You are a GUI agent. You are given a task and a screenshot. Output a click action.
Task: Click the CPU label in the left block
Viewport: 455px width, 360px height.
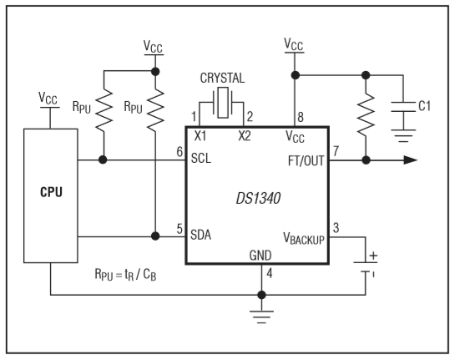pyautogui.click(x=51, y=192)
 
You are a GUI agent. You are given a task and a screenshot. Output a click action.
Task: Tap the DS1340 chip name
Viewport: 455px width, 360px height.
pyautogui.click(x=258, y=199)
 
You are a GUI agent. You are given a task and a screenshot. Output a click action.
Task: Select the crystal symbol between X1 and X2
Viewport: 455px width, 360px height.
pyautogui.click(x=223, y=103)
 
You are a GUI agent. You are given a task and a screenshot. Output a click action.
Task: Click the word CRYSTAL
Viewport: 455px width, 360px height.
pyautogui.click(x=222, y=78)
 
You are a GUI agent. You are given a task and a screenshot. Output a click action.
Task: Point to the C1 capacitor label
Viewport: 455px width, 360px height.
pyautogui.click(x=425, y=106)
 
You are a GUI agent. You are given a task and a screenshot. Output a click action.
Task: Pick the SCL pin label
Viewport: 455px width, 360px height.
pyautogui.click(x=201, y=158)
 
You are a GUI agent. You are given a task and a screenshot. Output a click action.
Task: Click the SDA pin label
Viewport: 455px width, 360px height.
pyautogui.click(x=200, y=235)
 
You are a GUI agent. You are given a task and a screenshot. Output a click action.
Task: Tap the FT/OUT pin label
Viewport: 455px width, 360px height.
pyautogui.click(x=306, y=161)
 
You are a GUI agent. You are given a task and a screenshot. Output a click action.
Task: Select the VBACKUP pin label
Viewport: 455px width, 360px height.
pyautogui.click(x=304, y=239)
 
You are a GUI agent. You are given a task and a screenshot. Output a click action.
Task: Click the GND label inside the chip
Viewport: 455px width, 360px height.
pyautogui.click(x=260, y=256)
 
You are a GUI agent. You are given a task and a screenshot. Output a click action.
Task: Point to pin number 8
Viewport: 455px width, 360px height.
pyautogui.click(x=301, y=117)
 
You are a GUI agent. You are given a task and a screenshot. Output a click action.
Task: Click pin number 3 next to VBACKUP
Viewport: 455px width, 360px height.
pyautogui.click(x=336, y=228)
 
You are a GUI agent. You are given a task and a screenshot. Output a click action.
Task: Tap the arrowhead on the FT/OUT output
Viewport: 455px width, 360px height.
pyautogui.click(x=411, y=160)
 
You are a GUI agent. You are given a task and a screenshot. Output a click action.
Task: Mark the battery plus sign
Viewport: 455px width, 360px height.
pyautogui.click(x=373, y=256)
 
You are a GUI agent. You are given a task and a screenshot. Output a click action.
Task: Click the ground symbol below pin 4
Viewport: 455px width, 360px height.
pyautogui.click(x=261, y=317)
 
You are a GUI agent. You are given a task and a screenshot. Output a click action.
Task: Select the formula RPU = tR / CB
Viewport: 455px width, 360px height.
pyautogui.click(x=125, y=274)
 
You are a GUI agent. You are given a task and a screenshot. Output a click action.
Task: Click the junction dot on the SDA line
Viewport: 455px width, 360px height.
pyautogui.click(x=155, y=236)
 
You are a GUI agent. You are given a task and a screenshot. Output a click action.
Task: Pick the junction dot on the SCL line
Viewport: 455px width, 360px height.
pyautogui.click(x=103, y=160)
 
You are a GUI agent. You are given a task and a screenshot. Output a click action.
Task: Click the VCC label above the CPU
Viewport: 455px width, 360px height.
pyautogui.click(x=48, y=99)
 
